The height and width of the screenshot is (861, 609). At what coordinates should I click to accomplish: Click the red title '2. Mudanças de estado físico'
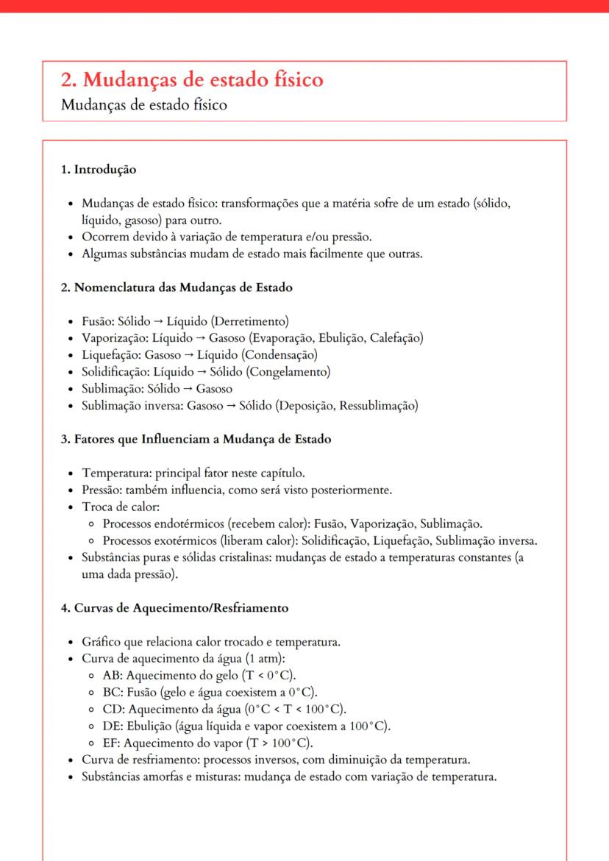point(191,79)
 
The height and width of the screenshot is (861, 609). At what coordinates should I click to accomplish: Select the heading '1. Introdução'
point(98,170)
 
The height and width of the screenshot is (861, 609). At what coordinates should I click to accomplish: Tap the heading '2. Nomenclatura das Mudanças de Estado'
point(177,287)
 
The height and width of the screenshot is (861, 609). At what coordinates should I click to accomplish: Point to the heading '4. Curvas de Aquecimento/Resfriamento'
point(174,608)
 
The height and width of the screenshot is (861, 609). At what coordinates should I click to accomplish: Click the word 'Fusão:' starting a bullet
point(99,321)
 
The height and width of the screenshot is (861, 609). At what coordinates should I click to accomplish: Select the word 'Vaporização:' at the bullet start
point(115,337)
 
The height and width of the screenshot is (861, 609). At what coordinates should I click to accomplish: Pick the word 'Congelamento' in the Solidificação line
point(291,371)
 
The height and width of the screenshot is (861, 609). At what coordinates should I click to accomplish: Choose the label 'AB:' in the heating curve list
point(113,675)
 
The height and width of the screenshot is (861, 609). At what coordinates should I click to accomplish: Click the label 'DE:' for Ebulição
point(112,726)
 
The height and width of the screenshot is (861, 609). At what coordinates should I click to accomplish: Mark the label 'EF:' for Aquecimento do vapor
point(111,742)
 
